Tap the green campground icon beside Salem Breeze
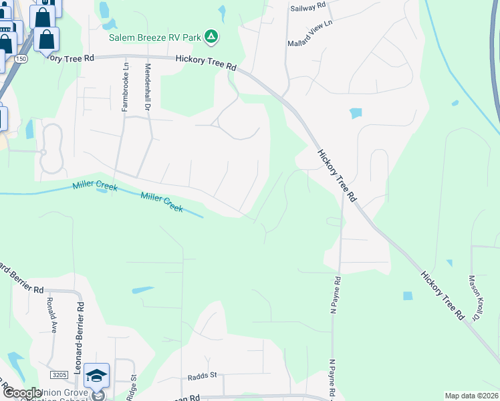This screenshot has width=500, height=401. pos(211,36)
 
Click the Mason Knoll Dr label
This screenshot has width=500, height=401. pos(476,298)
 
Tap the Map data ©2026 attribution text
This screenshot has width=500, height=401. pos(471,396)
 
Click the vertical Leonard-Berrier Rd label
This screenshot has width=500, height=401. pos(79,338)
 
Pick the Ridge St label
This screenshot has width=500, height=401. pos(133,387)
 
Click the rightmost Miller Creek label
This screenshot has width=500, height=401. pos(162,203)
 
